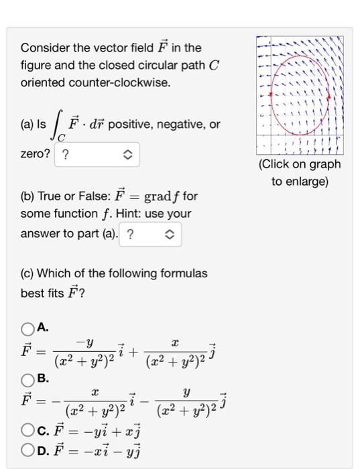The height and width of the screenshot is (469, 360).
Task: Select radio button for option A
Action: pyautogui.click(x=27, y=328)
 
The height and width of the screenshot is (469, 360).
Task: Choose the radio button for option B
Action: pyautogui.click(x=27, y=379)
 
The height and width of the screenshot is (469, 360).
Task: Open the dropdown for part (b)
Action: pyautogui.click(x=150, y=234)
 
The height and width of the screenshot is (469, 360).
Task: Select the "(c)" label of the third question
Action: pyautogui.click(x=28, y=273)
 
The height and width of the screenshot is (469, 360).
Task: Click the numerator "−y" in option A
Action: pyautogui.click(x=85, y=342)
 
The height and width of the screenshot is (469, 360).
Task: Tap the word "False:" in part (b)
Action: pyautogui.click(x=96, y=197)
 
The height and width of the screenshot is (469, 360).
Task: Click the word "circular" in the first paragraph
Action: pyautogui.click(x=160, y=66)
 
